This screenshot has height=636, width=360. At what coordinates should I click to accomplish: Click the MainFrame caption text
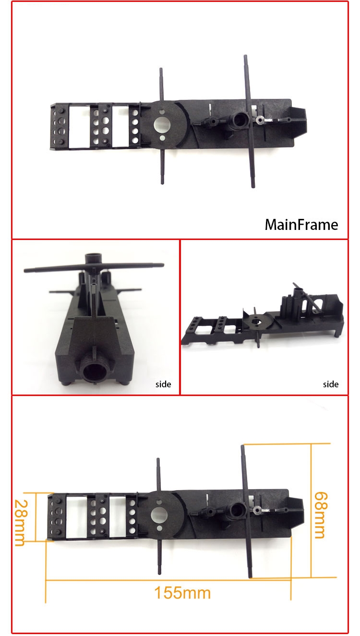click(301, 225)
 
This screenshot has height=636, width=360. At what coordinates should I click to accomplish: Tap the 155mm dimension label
click(182, 593)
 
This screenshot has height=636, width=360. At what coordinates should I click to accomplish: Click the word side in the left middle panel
click(163, 384)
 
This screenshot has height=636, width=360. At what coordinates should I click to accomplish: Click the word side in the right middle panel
click(330, 384)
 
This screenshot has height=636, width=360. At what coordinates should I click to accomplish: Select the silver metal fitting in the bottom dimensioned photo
click(257, 510)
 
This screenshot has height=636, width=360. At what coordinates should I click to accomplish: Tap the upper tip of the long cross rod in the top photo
click(245, 56)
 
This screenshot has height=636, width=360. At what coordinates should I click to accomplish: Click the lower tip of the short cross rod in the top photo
click(162, 183)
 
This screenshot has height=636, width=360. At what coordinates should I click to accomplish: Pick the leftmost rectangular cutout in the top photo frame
click(80, 126)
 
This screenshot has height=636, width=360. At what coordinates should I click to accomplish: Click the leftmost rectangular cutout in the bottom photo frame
click(76, 517)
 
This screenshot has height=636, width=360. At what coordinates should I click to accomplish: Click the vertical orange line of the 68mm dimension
click(311, 510)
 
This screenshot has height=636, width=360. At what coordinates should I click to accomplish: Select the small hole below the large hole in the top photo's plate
click(162, 138)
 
